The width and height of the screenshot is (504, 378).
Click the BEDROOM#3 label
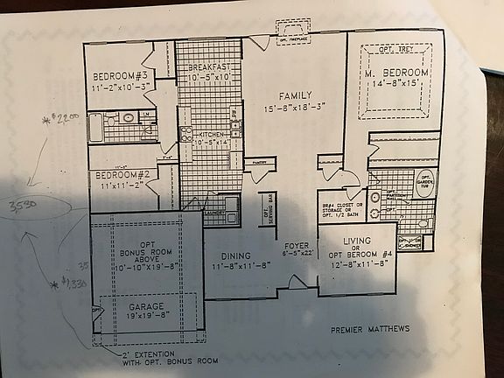tap(121, 73)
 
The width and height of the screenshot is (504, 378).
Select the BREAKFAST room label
tap(209, 66)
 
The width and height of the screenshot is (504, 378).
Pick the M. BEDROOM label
tap(397, 71)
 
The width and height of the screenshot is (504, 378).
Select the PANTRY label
tap(257, 163)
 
